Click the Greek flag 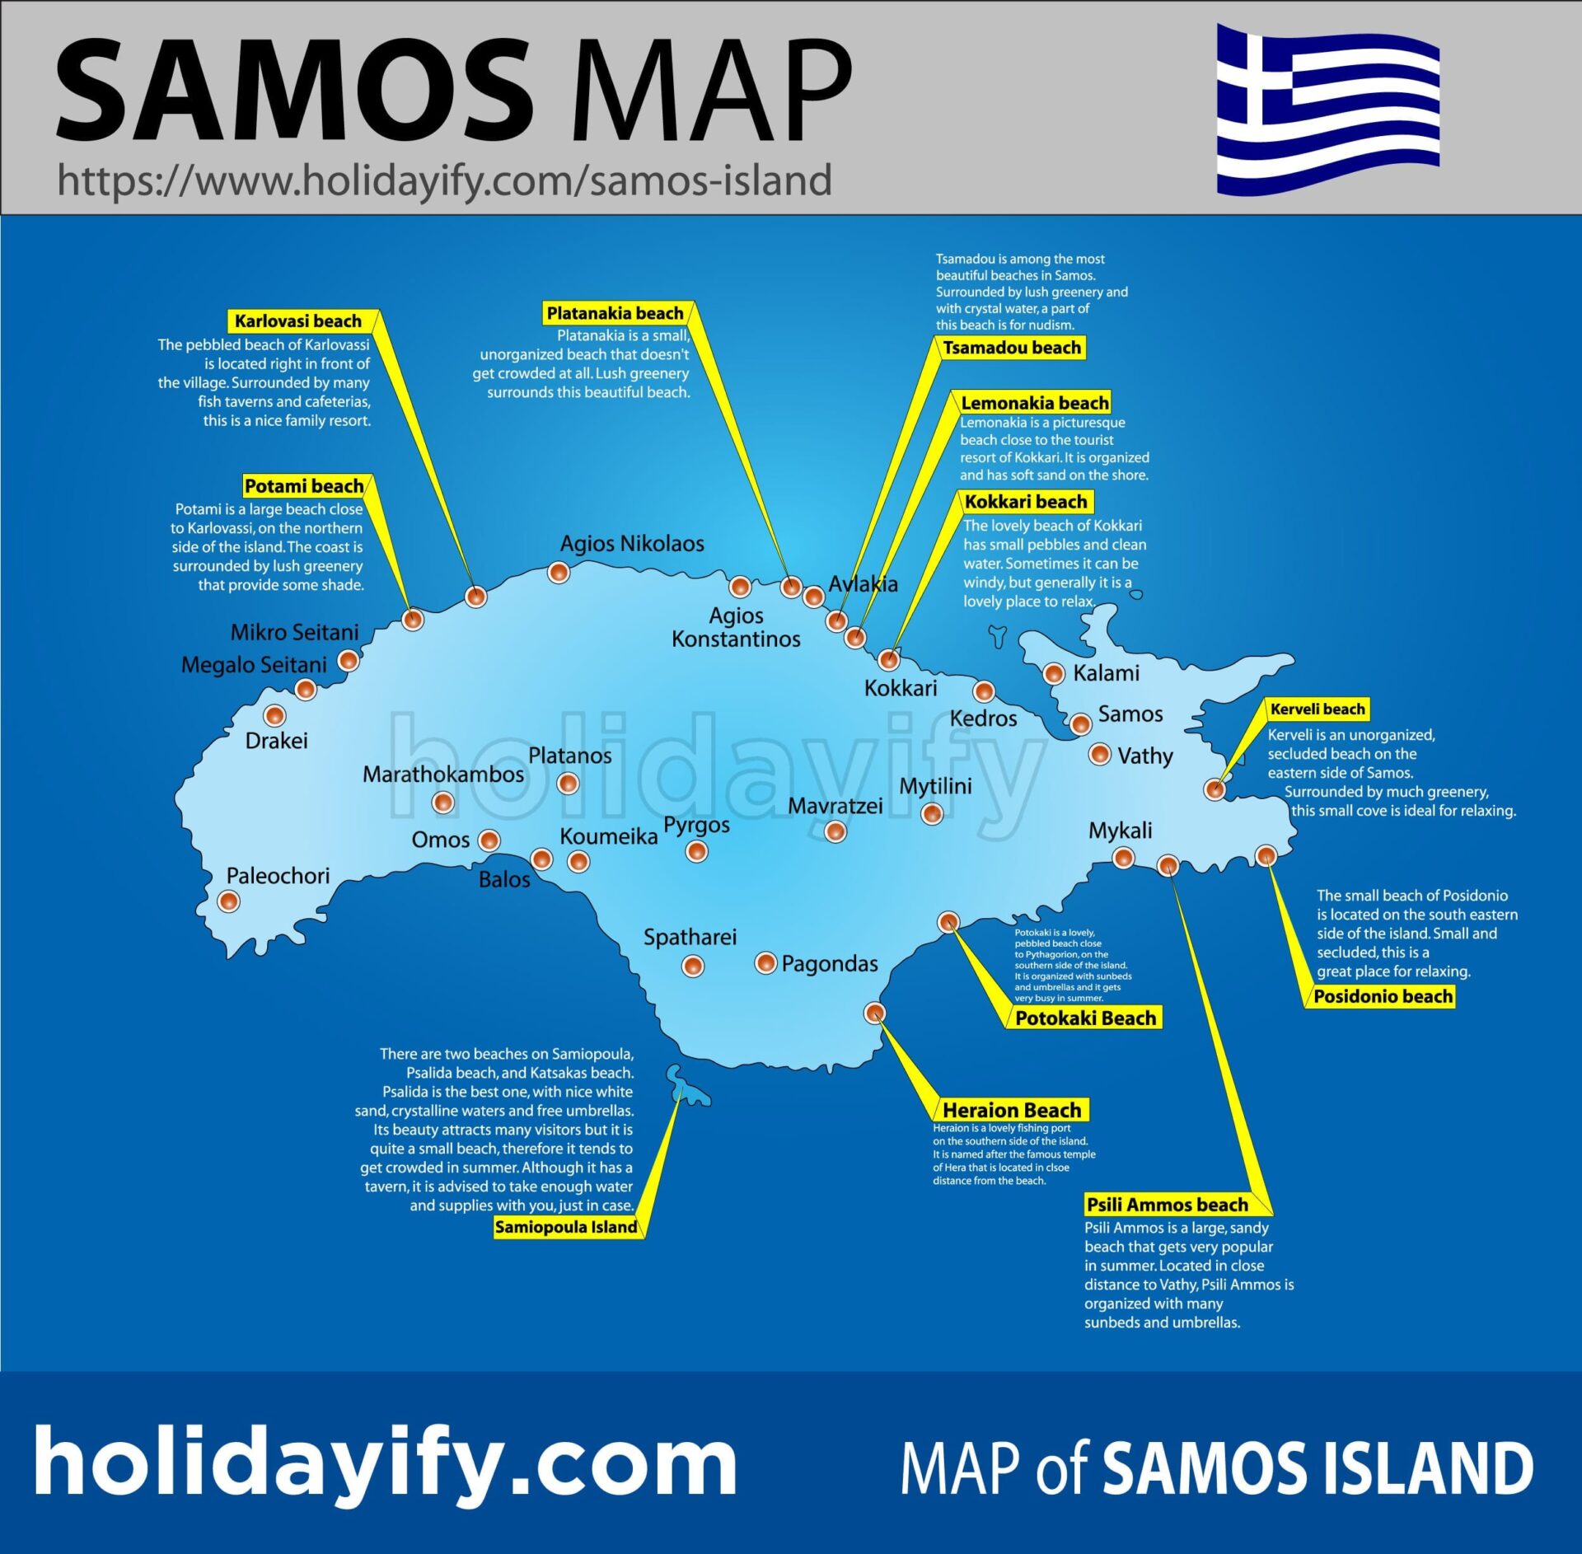pos(1327,109)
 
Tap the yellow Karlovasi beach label pos(298,321)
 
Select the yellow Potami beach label pos(304,485)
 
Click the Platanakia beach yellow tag pos(615,313)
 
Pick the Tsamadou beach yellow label pos(1012,348)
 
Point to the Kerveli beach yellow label pos(1317,709)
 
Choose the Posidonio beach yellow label pos(1383,996)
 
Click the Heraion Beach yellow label pos(1012,1110)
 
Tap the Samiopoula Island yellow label pos(565,1227)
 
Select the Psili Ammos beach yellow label pos(1167,1205)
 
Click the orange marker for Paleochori pos(228,901)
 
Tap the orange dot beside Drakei pos(274,715)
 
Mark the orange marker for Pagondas pos(765,962)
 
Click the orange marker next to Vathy pos(1099,754)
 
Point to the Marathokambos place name pos(443,775)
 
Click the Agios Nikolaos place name pos(632,544)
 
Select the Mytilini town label pos(935,786)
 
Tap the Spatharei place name pos(690,937)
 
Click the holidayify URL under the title pos(444,180)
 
